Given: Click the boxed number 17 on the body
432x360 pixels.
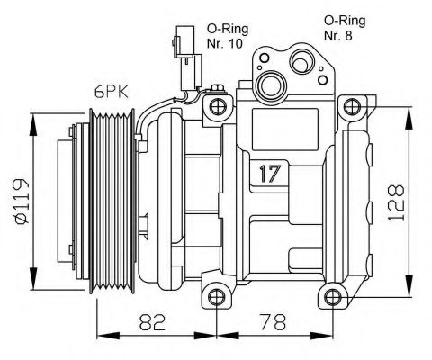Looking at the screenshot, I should (267, 172).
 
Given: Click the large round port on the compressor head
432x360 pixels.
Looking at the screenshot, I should (269, 86).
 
